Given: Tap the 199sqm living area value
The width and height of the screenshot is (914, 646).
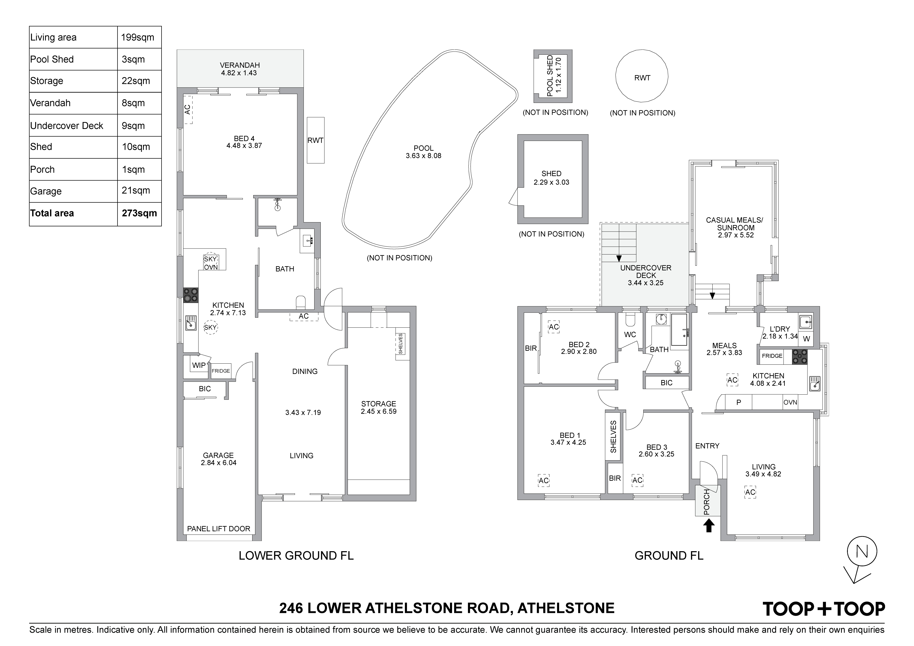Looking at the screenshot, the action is pyautogui.click(x=138, y=38).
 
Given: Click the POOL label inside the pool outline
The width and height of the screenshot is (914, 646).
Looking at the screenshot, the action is pyautogui.click(x=424, y=148).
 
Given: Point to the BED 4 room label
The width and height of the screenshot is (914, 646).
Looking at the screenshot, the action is pyautogui.click(x=244, y=139).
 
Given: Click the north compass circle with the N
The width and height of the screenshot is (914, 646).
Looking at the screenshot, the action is pyautogui.click(x=862, y=552).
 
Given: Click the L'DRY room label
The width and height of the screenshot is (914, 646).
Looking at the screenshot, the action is pyautogui.click(x=780, y=329).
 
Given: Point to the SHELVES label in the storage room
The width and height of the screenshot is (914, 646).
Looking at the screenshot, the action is pyautogui.click(x=400, y=344).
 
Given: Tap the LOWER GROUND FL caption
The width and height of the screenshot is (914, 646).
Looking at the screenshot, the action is pyautogui.click(x=296, y=555).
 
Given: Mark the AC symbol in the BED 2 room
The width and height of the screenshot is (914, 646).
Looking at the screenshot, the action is pyautogui.click(x=554, y=327).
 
